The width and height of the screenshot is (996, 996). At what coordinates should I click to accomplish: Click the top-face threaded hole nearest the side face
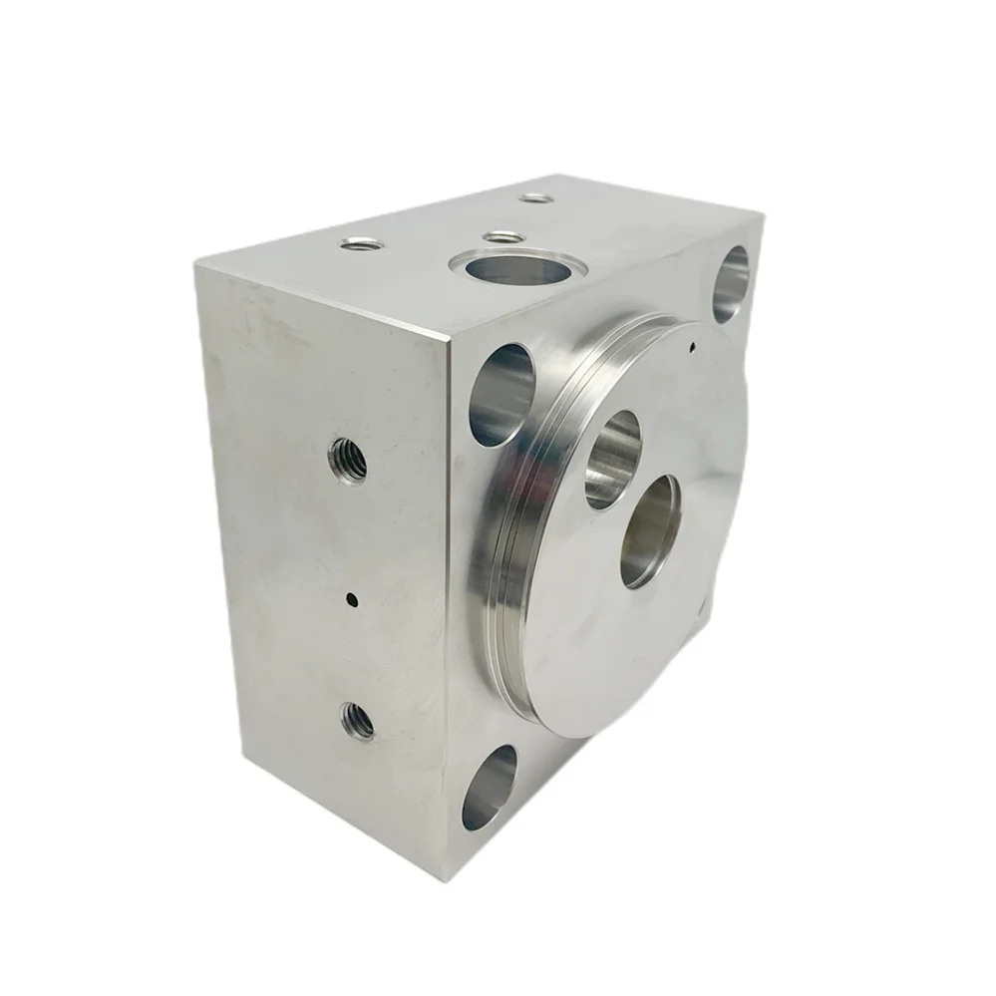(360, 243)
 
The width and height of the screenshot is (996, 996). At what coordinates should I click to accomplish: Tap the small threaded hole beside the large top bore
(502, 237)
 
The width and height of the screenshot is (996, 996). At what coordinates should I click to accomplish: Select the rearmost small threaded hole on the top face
(536, 198)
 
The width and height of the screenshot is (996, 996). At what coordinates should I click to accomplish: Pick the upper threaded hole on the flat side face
(347, 459)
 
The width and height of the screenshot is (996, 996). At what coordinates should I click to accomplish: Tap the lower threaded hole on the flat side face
(356, 720)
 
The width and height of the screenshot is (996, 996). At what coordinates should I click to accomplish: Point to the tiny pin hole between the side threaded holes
(351, 599)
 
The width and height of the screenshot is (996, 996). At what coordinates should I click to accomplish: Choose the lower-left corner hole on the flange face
(489, 788)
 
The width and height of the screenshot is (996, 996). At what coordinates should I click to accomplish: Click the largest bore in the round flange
(650, 529)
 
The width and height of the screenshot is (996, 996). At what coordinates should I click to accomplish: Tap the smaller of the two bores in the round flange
(612, 458)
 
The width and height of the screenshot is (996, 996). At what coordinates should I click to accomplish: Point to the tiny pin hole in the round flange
(691, 349)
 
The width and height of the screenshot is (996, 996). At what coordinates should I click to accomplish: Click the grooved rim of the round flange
(518, 498)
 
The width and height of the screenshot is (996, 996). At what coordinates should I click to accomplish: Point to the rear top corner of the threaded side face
(196, 261)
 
